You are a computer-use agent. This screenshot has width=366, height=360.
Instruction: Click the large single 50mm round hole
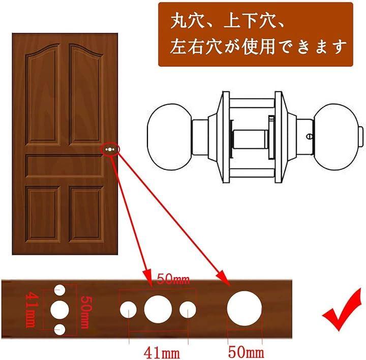(x=245, y=309)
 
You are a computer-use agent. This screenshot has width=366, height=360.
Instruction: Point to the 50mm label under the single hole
(x=246, y=352)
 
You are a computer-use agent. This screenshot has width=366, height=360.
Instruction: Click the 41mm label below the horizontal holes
(x=162, y=353)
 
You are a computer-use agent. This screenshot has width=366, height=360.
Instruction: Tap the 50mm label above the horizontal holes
(x=173, y=279)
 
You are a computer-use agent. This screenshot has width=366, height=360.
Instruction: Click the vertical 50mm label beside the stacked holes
(x=86, y=312)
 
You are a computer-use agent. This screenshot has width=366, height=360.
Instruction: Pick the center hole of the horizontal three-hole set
(x=158, y=309)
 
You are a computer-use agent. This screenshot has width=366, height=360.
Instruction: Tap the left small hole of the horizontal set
(x=128, y=310)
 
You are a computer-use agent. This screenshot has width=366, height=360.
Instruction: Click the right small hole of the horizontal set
(x=188, y=310)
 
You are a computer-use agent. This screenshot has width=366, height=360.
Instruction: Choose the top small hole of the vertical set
(x=59, y=290)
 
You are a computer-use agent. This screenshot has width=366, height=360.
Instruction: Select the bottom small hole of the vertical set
(x=59, y=329)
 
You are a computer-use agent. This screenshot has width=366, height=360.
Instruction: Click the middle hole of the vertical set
(x=60, y=310)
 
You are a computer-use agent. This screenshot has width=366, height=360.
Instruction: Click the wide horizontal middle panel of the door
(x=65, y=166)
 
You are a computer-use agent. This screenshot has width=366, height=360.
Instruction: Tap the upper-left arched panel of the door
(x=43, y=95)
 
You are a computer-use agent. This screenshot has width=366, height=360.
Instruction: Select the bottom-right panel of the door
(x=86, y=214)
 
